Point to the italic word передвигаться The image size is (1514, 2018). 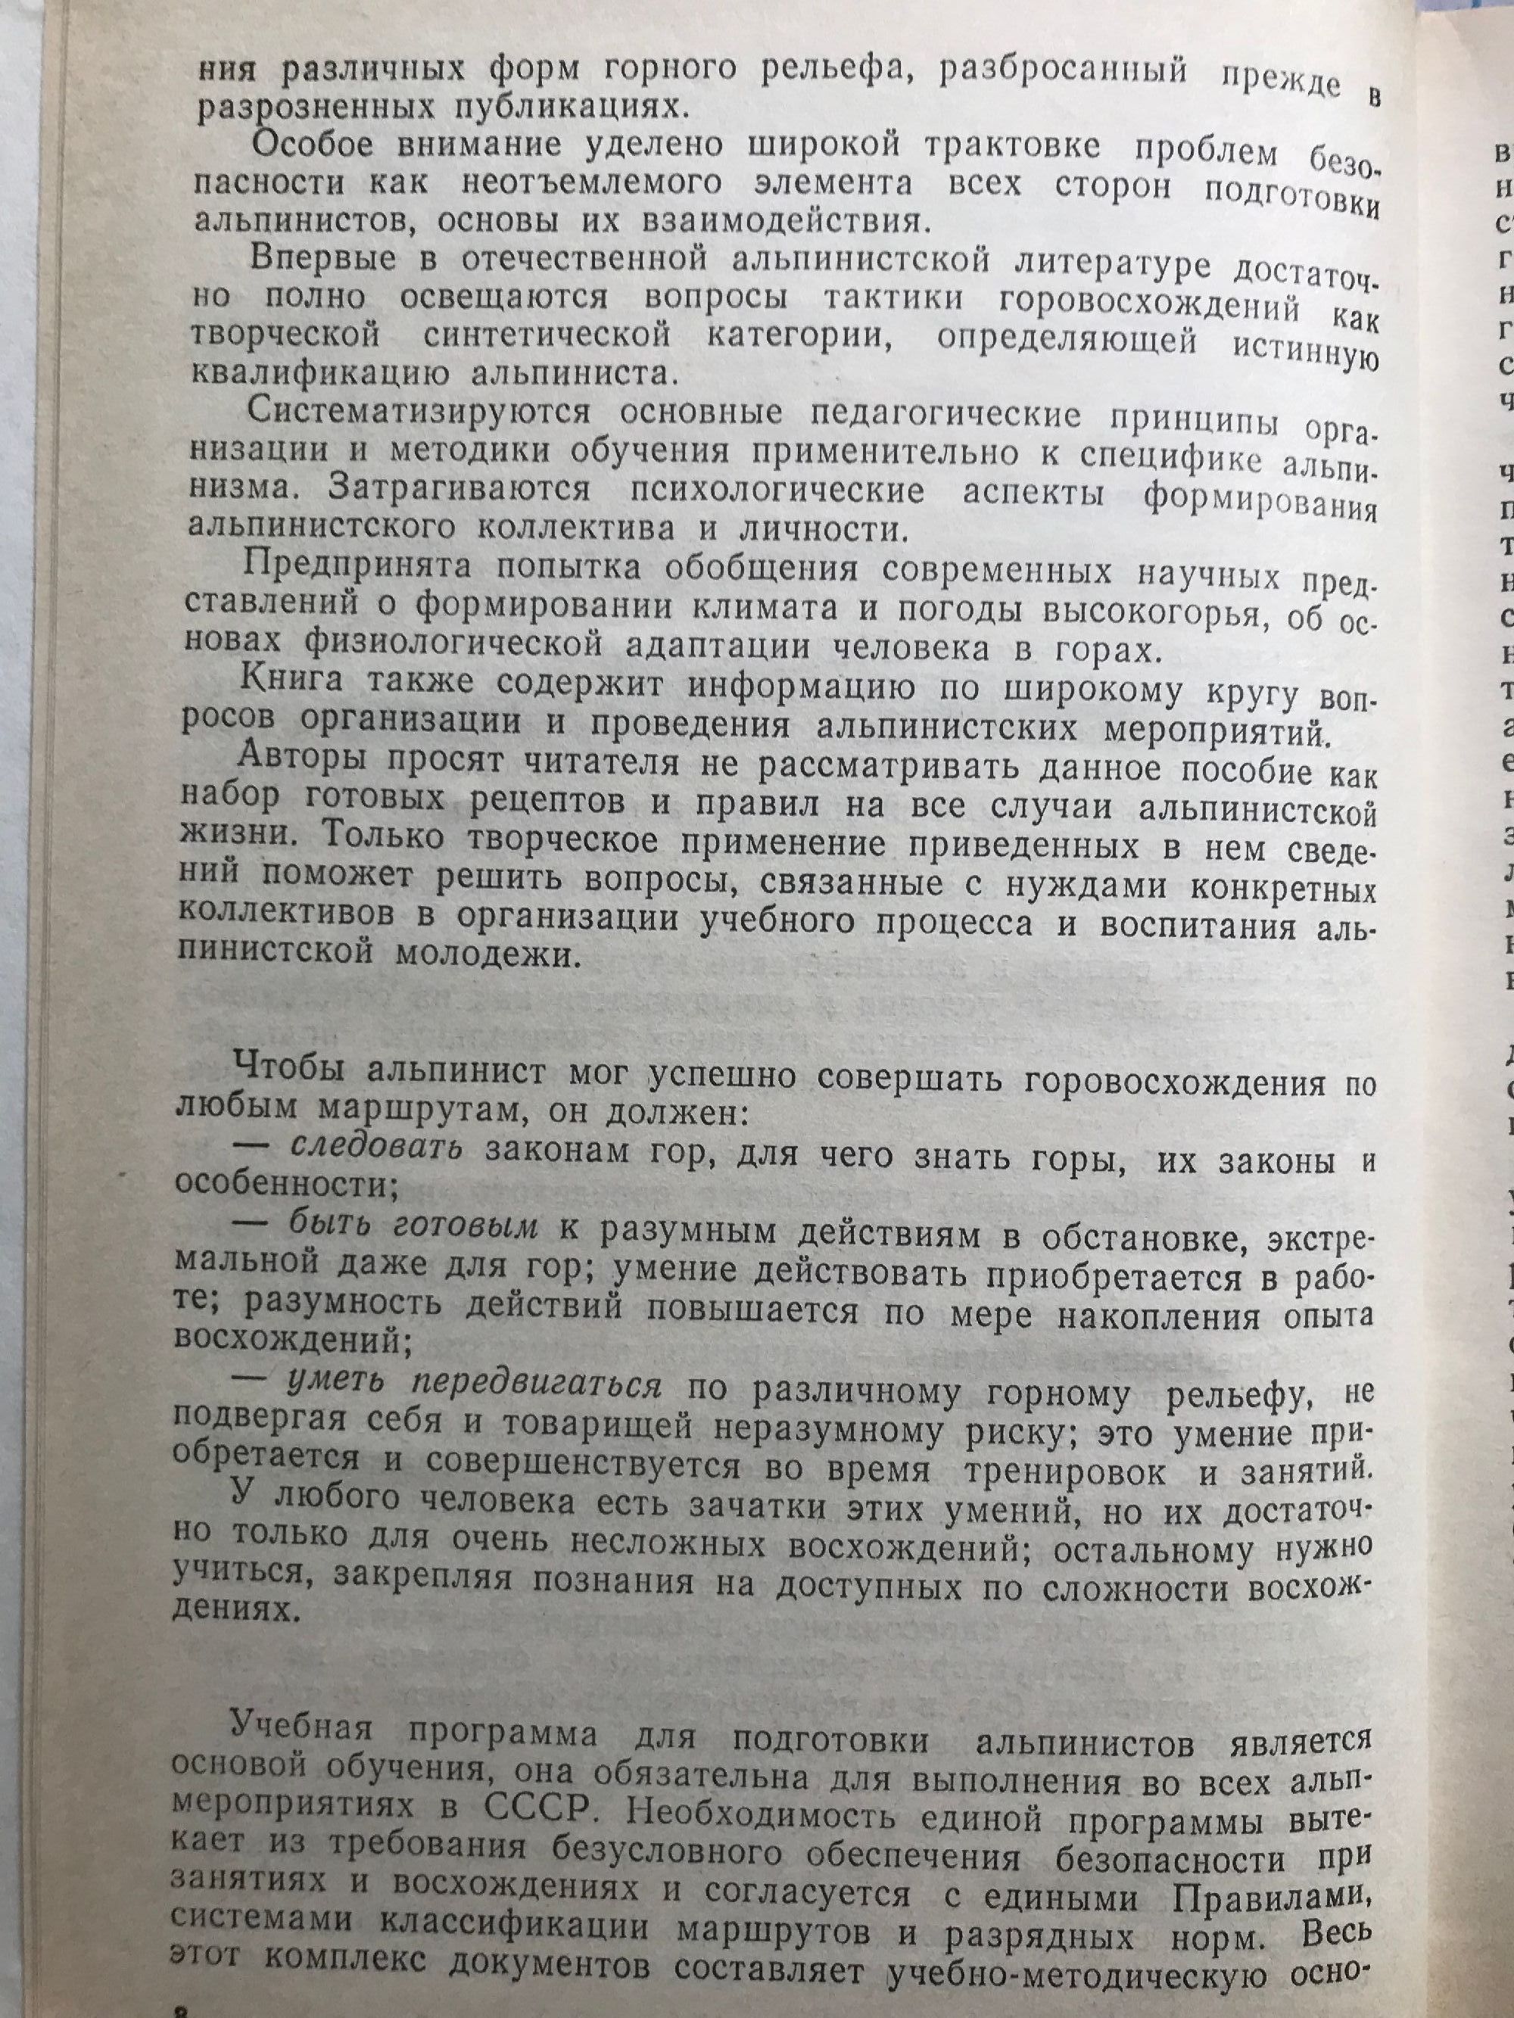[x=536, y=1386]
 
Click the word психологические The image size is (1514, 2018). [x=777, y=489]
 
